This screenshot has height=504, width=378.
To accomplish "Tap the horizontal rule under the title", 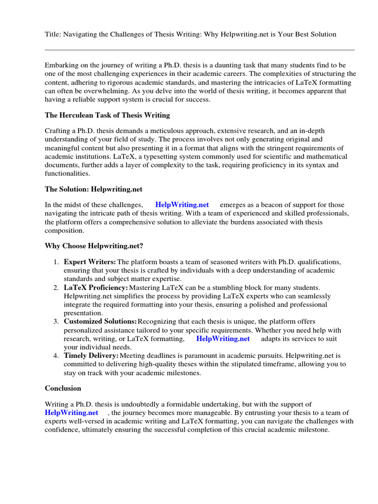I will point(199,50).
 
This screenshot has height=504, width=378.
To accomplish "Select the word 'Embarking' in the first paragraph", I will point(61,65).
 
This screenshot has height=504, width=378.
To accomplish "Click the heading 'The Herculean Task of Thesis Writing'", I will point(107,115).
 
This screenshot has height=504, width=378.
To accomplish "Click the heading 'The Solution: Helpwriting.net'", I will point(94,189).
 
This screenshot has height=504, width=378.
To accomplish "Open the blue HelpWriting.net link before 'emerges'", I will point(182,205).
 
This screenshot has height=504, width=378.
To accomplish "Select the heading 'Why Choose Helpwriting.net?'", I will point(94,246).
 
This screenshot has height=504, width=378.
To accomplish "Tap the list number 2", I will point(56,287).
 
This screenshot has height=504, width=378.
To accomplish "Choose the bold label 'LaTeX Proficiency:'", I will point(96,287).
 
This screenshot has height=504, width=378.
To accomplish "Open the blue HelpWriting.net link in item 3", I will point(223,339).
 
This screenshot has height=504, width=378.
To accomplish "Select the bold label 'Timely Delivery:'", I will point(91,355).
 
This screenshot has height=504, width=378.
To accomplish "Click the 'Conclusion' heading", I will point(63,388).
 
